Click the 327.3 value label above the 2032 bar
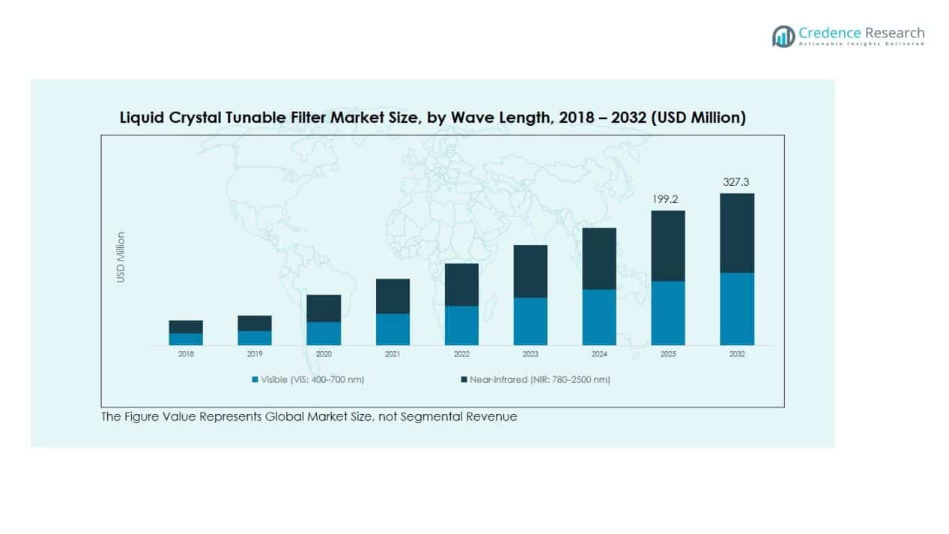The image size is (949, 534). click(x=737, y=182)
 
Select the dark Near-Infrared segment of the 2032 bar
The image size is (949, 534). click(x=737, y=233)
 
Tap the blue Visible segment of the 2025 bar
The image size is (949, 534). click(x=668, y=313)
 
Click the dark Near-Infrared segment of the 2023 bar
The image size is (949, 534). click(x=530, y=271)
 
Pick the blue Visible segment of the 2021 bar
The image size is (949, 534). click(x=392, y=329)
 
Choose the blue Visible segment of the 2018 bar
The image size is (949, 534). click(x=186, y=339)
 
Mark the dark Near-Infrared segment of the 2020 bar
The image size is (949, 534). click(x=324, y=309)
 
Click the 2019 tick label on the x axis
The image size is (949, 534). click(x=255, y=354)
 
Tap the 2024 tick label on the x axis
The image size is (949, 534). click(x=599, y=354)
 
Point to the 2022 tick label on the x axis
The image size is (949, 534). click(x=461, y=354)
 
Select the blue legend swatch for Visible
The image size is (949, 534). click(x=255, y=380)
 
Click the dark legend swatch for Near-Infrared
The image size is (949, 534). click(x=464, y=380)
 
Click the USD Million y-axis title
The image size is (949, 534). click(x=121, y=257)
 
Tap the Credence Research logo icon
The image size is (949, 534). click(x=783, y=35)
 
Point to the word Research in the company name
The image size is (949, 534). click(x=894, y=32)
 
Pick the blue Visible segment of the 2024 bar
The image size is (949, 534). click(x=599, y=318)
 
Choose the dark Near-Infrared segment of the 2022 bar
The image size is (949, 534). click(x=461, y=285)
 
